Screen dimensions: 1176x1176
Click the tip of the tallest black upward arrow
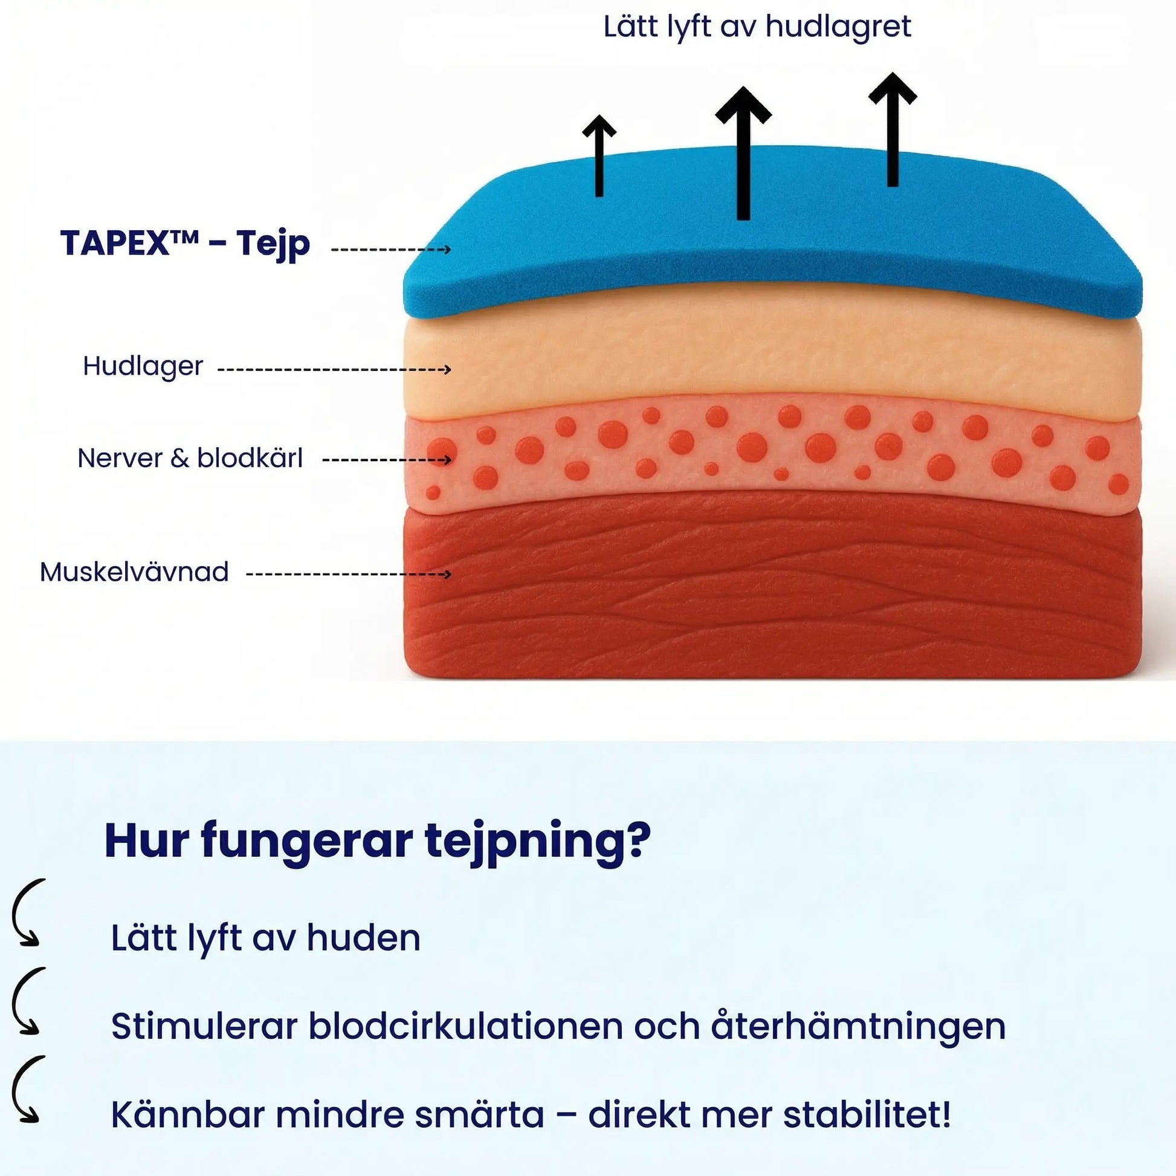point(743,87)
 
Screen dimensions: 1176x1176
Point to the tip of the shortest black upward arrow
point(599,115)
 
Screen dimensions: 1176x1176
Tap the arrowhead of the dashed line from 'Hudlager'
point(448,369)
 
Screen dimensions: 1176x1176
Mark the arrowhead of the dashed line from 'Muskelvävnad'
point(448,574)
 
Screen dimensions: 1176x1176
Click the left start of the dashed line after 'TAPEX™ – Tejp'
point(332,250)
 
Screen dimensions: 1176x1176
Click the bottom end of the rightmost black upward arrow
point(893,186)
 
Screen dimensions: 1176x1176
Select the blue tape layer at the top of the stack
point(772,237)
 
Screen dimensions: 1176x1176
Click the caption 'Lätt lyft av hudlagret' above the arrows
point(757,27)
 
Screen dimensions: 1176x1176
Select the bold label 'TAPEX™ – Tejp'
point(185,244)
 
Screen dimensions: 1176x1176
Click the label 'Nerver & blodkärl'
point(190,458)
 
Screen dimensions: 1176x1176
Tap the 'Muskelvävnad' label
point(134,572)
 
